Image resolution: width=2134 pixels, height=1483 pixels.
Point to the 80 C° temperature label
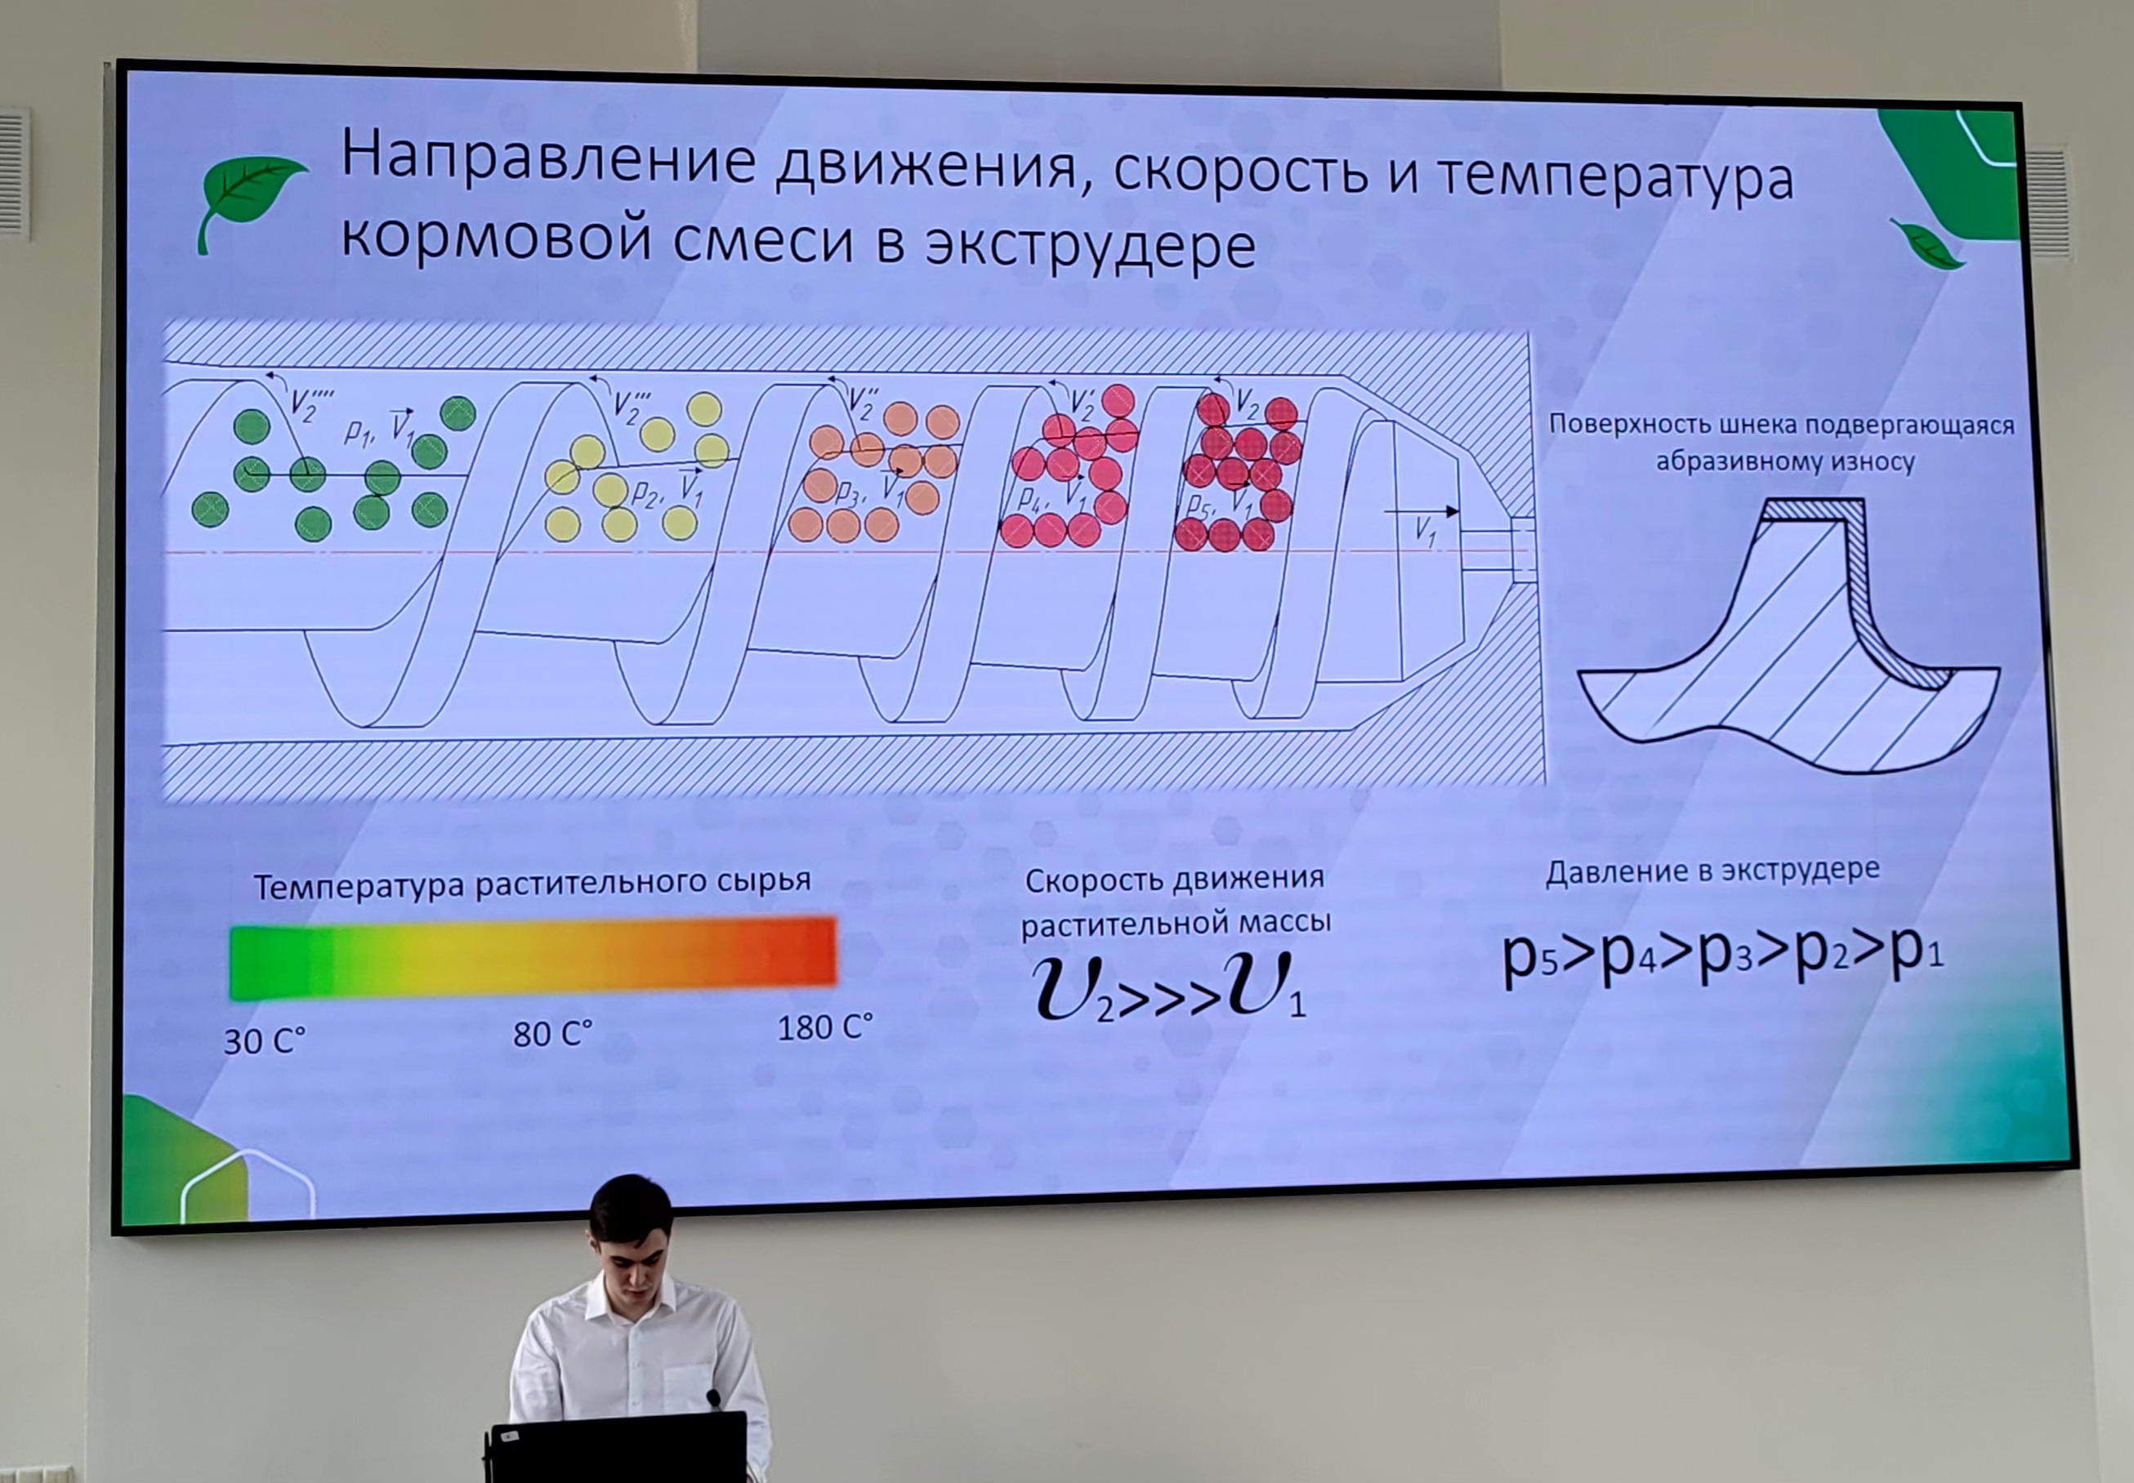[553, 1033]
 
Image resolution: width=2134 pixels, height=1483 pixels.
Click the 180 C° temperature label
[825, 1027]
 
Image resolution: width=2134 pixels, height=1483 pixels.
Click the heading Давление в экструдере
[1712, 870]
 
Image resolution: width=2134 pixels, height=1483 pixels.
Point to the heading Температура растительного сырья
[533, 883]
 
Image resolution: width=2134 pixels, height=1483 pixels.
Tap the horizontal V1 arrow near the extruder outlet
[1421, 511]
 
